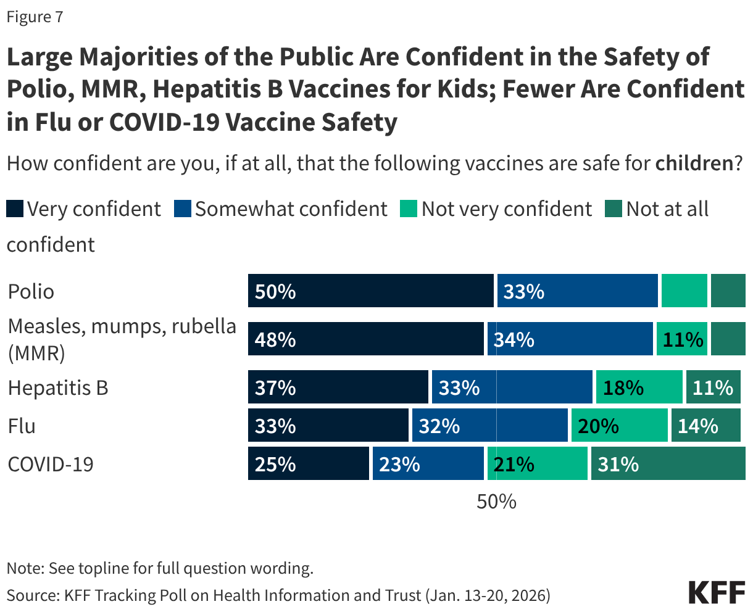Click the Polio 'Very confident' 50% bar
pyautogui.click(x=370, y=291)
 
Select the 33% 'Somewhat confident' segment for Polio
pyautogui.click(x=577, y=291)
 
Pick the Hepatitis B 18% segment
pyautogui.click(x=639, y=387)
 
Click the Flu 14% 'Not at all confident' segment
pyautogui.click(x=705, y=426)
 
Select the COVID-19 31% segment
pyautogui.click(x=668, y=464)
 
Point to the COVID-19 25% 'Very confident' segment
pyautogui.click(x=308, y=464)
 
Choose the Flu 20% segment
pyautogui.click(x=619, y=426)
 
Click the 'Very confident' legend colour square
pyautogui.click(x=15, y=209)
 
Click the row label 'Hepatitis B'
pyautogui.click(x=58, y=388)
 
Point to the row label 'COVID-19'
pyautogui.click(x=51, y=464)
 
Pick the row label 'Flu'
pyautogui.click(x=22, y=426)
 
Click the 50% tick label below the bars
pyautogui.click(x=496, y=502)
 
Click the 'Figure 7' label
pyautogui.click(x=35, y=17)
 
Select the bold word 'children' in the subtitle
pyautogui.click(x=694, y=163)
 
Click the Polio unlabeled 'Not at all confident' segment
pyautogui.click(x=728, y=291)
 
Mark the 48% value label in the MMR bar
pyautogui.click(x=275, y=340)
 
